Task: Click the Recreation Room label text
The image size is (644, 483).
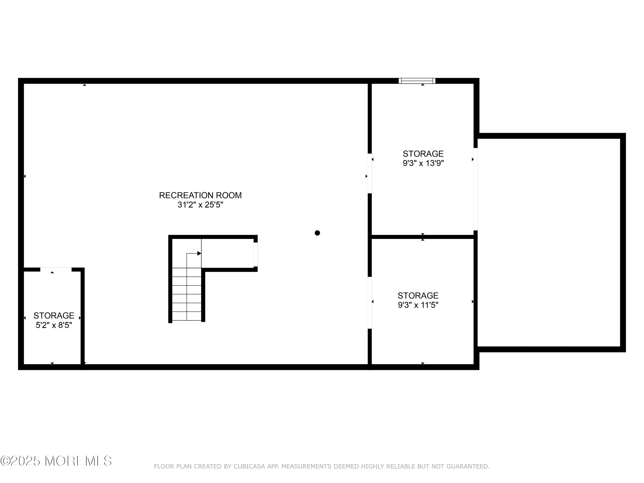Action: click(x=200, y=195)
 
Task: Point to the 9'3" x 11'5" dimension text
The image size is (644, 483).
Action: click(x=418, y=305)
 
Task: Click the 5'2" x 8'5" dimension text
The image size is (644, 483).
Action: click(x=54, y=325)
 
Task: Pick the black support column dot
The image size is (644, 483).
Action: click(x=317, y=233)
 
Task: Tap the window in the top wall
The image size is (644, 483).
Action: click(x=417, y=81)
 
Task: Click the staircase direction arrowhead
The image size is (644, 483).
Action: click(x=199, y=253)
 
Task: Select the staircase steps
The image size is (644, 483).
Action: click(x=187, y=294)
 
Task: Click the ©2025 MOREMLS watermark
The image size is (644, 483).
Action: click(x=56, y=461)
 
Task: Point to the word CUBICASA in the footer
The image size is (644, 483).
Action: click(x=249, y=466)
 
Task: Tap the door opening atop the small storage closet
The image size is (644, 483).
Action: click(x=56, y=269)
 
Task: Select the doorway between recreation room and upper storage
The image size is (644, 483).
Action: click(x=370, y=173)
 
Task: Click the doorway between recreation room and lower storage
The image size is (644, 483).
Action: click(x=370, y=302)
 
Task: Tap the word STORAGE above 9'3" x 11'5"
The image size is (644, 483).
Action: click(x=418, y=296)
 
